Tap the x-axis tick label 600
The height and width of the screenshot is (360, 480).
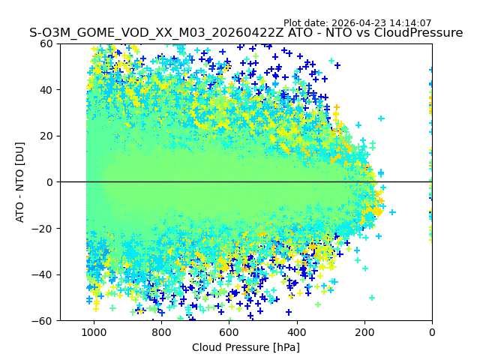tap(229, 332)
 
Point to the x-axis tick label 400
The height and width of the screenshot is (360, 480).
tap(296, 332)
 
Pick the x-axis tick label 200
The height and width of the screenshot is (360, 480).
tap(364, 332)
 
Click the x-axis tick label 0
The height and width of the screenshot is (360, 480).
tap(431, 332)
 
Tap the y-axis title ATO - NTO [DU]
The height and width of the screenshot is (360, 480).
tap(20, 182)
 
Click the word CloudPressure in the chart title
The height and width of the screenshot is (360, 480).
tap(418, 33)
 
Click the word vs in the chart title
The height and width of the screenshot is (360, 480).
tap(361, 33)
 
